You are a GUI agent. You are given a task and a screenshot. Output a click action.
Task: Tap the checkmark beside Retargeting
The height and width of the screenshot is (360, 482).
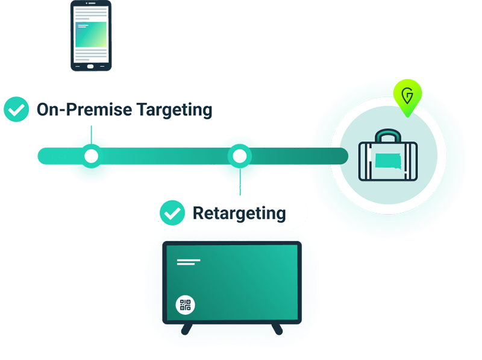pyautogui.click(x=174, y=212)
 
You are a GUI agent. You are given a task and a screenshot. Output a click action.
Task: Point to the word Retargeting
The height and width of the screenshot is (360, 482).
pyautogui.click(x=239, y=213)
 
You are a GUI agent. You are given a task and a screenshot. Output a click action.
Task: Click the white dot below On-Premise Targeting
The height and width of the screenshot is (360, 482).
pyautogui.click(x=91, y=156)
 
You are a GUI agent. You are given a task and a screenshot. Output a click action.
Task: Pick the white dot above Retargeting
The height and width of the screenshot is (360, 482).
pyautogui.click(x=240, y=156)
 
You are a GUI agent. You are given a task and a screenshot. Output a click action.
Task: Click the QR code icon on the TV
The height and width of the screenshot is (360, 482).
pyautogui.click(x=186, y=305)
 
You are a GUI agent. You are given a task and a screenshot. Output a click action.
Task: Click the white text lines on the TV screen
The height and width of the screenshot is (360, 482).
pyautogui.click(x=189, y=262)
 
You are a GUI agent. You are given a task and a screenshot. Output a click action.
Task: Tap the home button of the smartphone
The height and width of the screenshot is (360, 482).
pyautogui.click(x=91, y=65)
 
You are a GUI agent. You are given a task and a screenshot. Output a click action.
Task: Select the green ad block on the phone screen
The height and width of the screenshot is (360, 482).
pyautogui.click(x=91, y=35)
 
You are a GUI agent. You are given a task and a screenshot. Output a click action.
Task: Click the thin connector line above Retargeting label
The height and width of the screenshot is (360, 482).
pyautogui.click(x=240, y=184)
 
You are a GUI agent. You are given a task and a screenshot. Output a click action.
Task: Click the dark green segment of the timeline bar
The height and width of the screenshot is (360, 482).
pyautogui.click(x=301, y=156)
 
